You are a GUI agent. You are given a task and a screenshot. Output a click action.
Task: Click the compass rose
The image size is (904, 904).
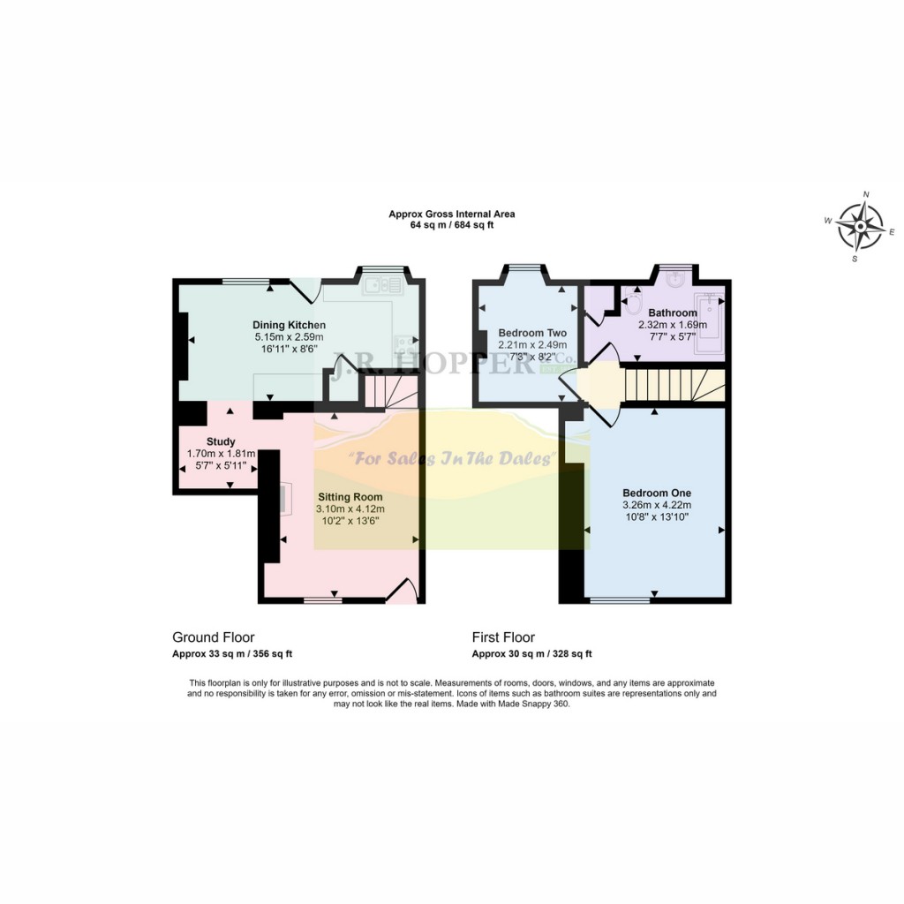point(860,226)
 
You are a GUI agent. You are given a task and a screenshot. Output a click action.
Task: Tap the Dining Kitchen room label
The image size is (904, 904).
point(290,325)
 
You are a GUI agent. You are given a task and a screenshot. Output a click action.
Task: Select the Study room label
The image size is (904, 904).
point(220,441)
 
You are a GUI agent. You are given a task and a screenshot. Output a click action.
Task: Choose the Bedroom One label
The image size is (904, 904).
point(656,493)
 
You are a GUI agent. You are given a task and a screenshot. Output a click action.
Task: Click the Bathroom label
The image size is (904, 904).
point(673,313)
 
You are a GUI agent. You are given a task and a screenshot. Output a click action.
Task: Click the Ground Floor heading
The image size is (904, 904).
point(213,637)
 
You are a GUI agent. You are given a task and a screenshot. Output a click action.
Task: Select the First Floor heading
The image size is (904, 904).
point(503,637)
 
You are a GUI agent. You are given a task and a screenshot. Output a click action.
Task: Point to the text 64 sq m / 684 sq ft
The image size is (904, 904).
point(452,225)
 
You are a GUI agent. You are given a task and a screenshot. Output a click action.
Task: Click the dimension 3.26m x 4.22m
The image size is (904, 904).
point(656,506)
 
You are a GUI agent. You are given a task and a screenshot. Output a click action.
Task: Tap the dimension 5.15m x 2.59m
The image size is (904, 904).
point(290,337)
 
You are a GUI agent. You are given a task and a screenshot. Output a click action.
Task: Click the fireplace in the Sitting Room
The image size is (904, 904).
point(282,499)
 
